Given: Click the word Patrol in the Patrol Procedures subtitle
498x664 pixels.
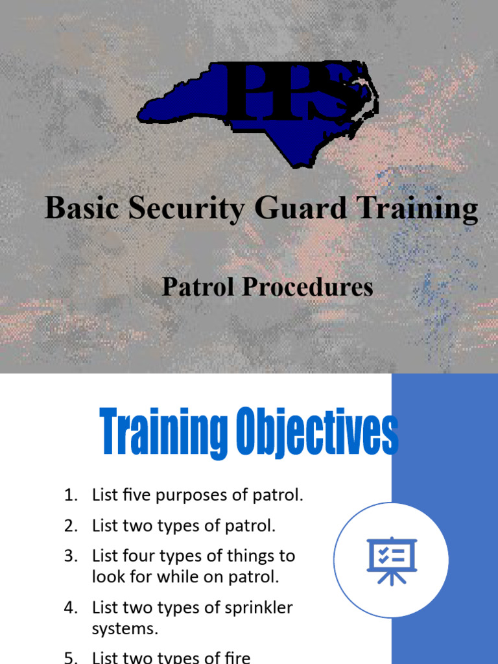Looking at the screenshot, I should point(197,287).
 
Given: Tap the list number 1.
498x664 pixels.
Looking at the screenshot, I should point(70,496).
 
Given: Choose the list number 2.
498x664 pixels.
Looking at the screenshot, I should point(70,526).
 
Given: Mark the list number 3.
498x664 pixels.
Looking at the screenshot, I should point(70,556).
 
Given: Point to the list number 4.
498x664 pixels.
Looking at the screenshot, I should point(70,608).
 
